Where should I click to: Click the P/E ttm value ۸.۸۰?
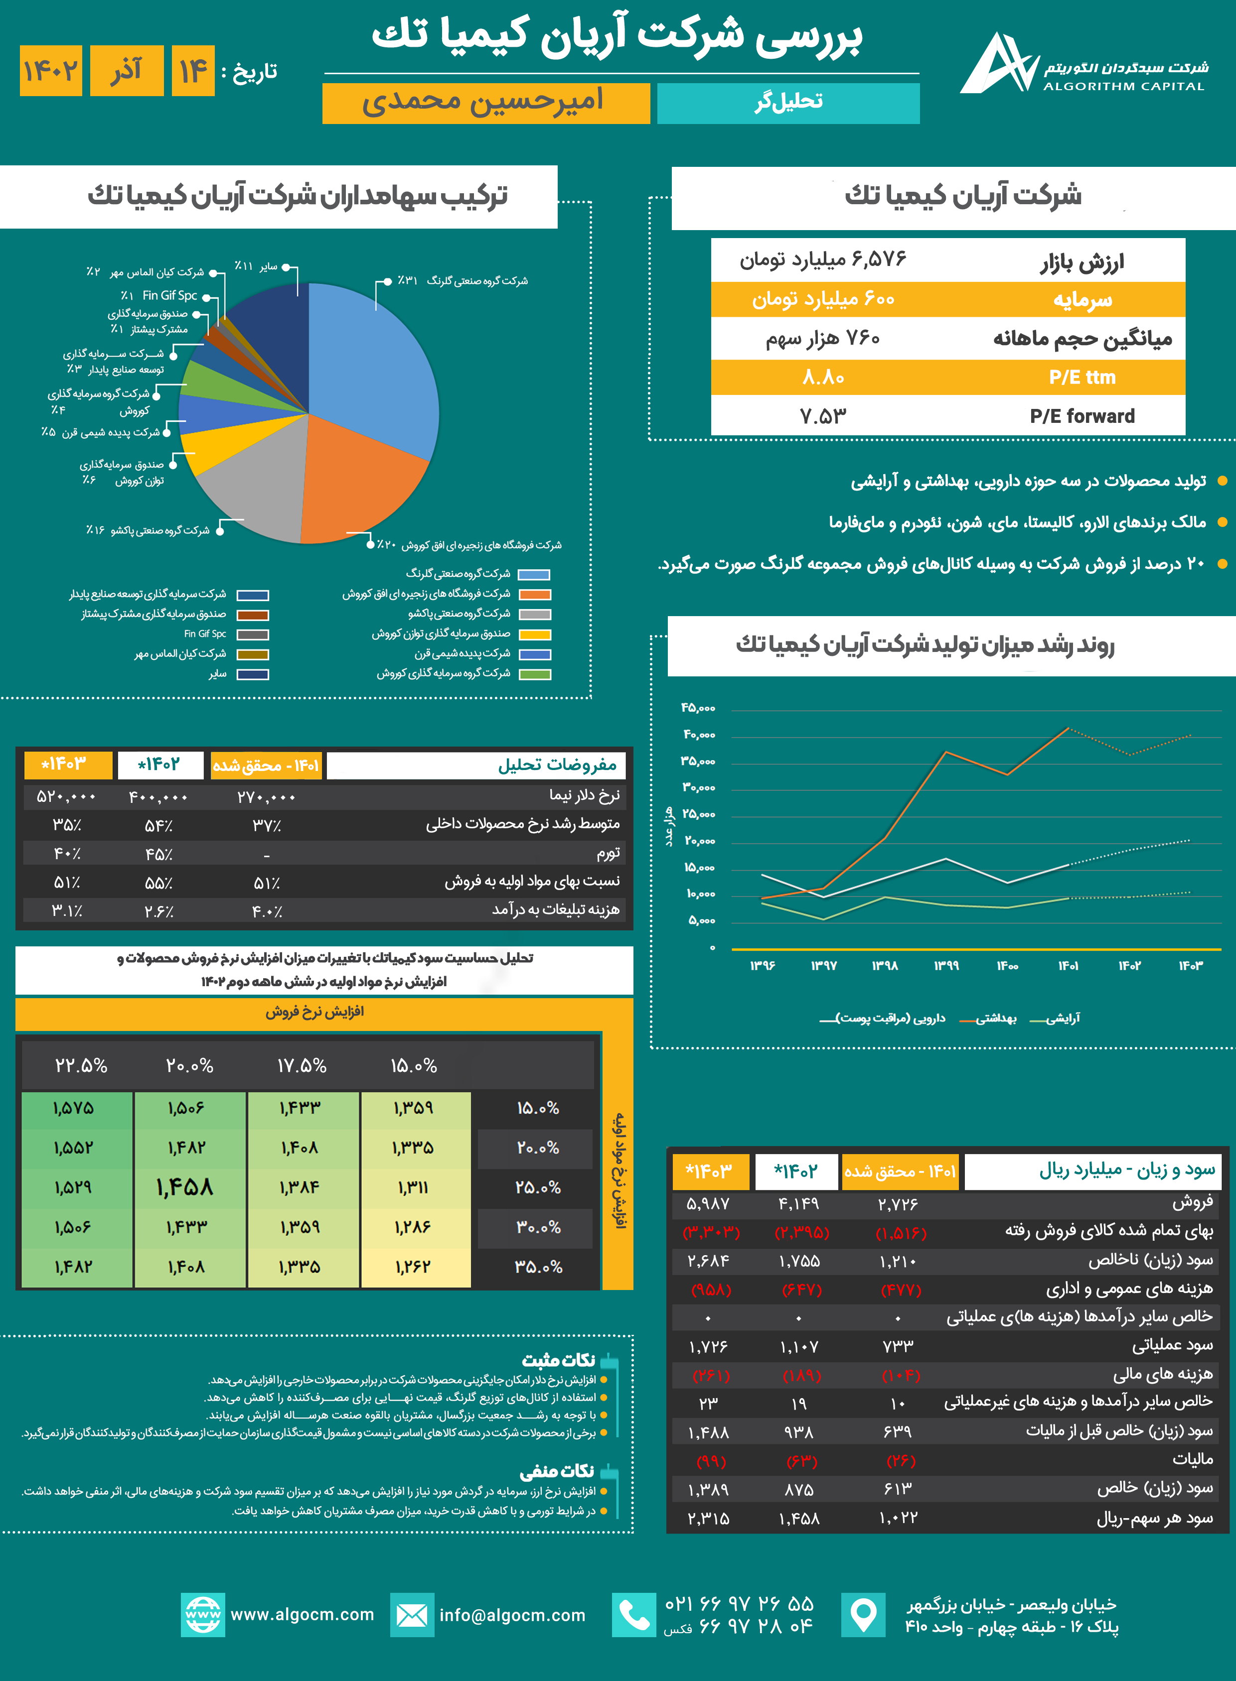pos(823,378)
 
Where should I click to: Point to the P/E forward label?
pos(1082,416)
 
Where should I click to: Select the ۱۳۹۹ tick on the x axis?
pos(946,965)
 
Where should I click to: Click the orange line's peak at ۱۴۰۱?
pos(1068,728)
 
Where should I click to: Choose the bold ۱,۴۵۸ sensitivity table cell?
pos(185,1187)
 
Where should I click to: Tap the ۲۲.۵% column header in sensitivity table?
pos(81,1065)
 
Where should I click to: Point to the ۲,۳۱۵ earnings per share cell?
pos(708,1518)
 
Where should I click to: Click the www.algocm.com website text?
pos(302,1614)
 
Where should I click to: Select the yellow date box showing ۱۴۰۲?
pos(50,71)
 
